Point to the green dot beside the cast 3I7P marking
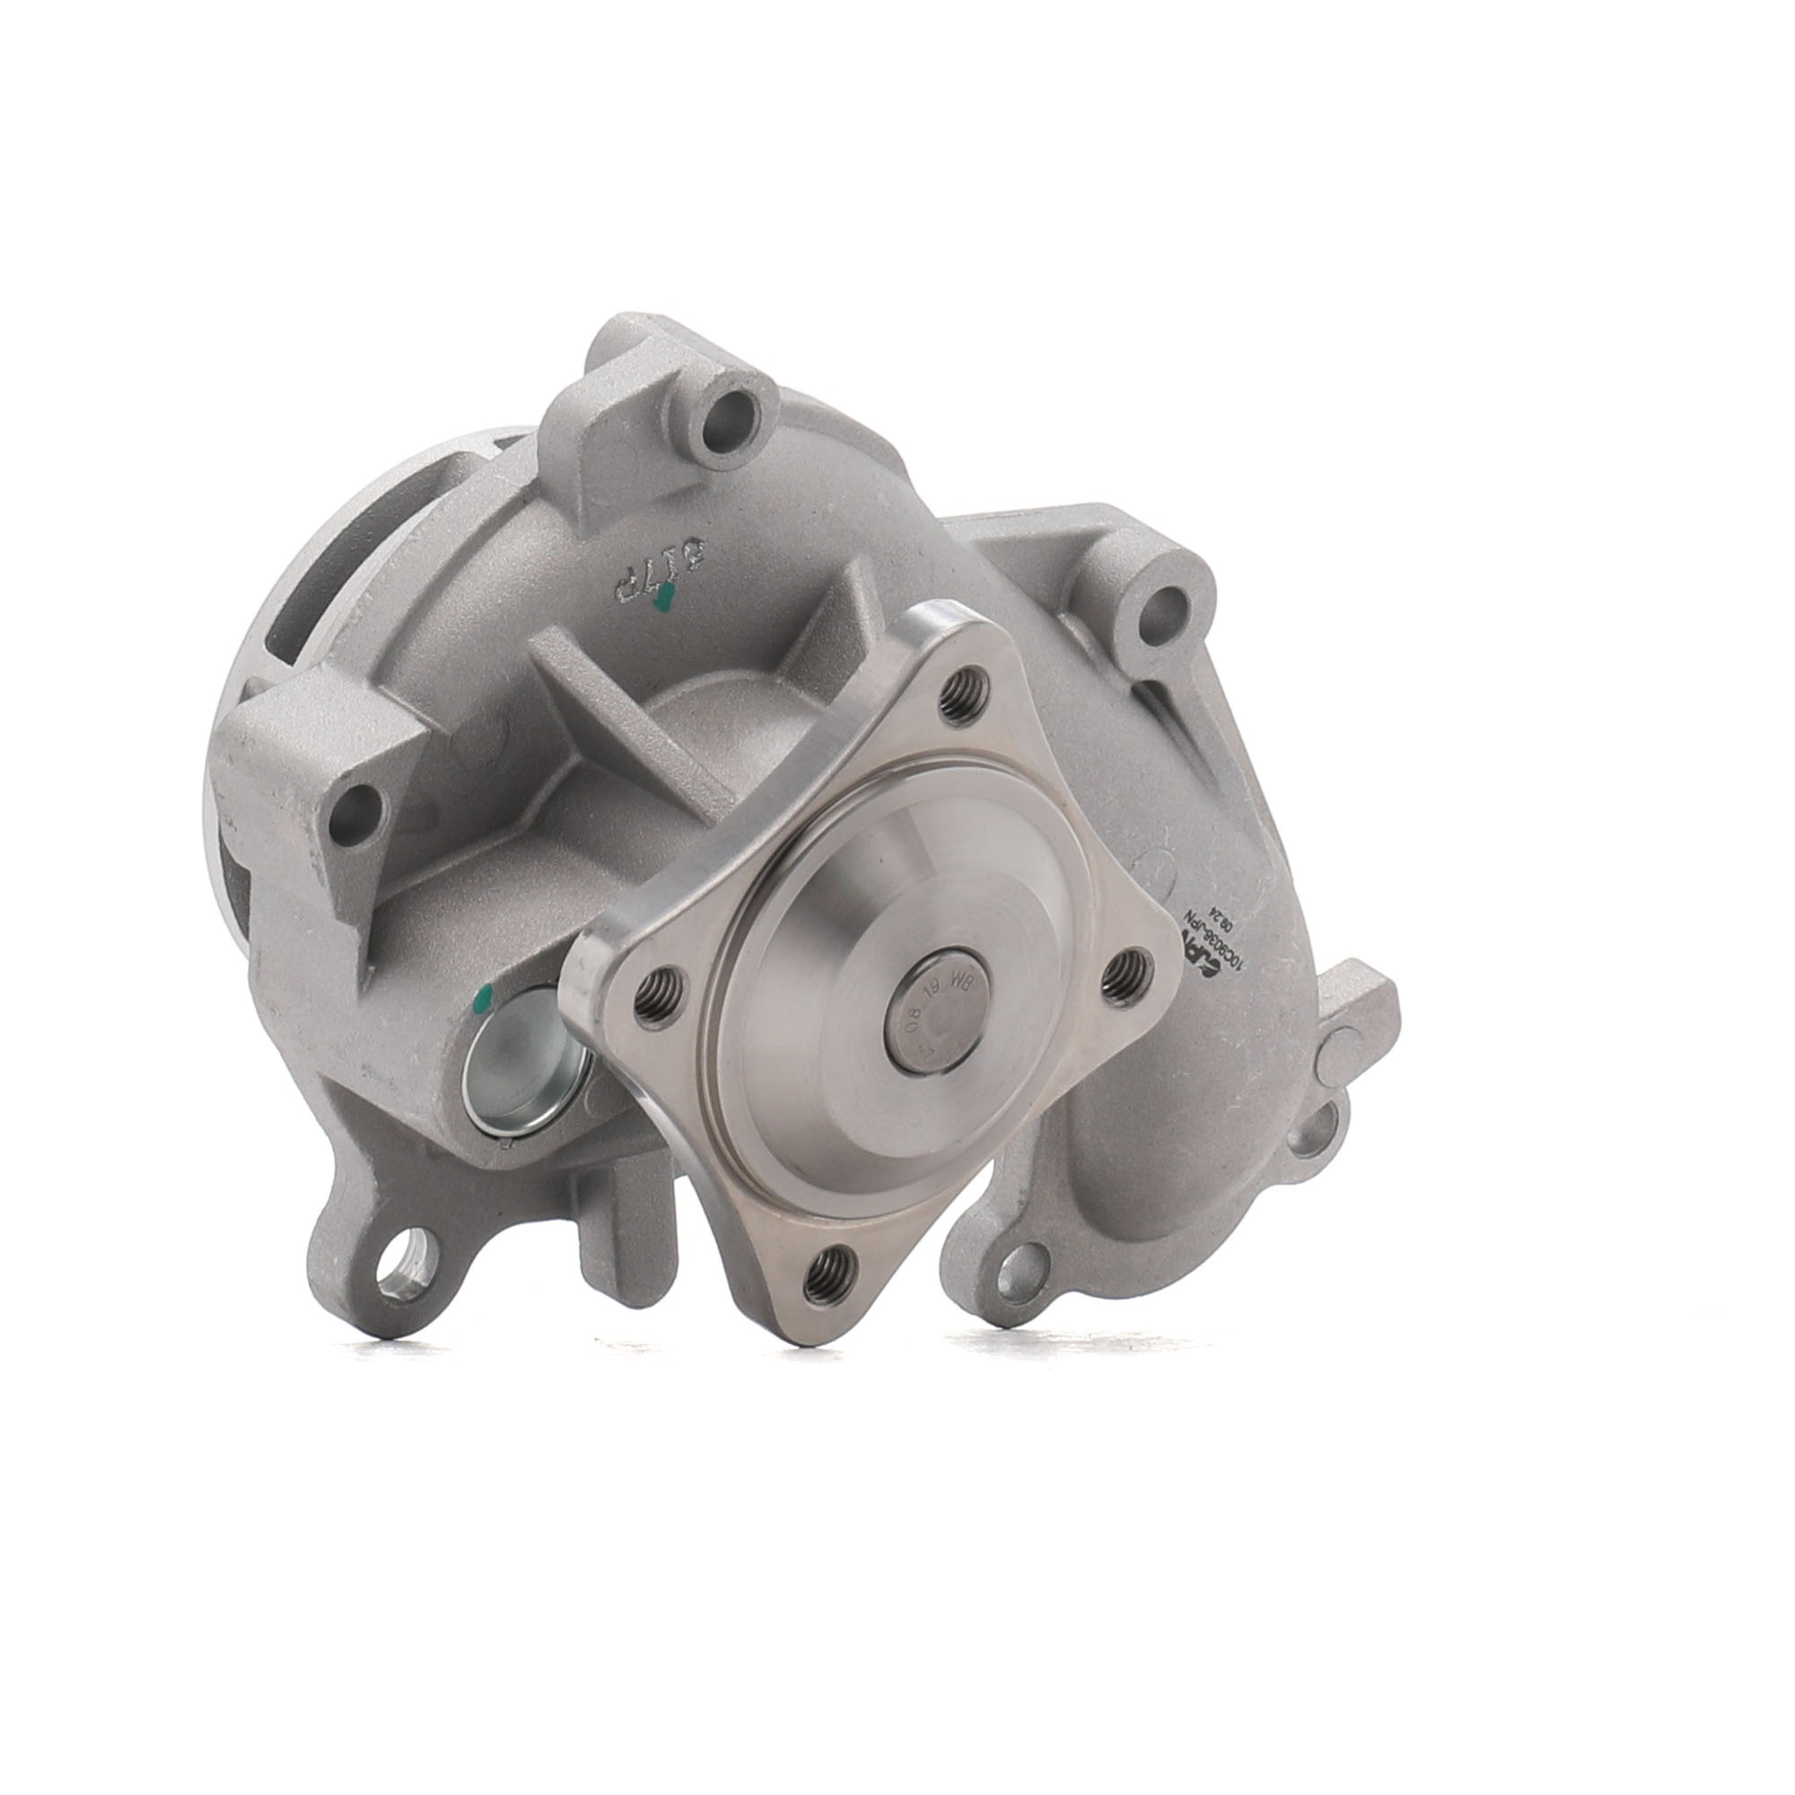pyautogui.click(x=662, y=605)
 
